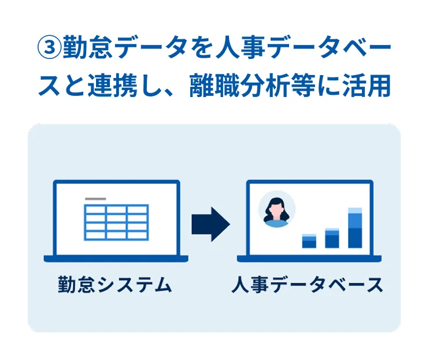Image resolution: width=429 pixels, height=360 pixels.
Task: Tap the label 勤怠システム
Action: [114, 285]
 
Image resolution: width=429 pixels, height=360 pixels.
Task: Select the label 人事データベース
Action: [308, 285]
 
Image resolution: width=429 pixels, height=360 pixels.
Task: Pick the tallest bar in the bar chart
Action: [354, 228]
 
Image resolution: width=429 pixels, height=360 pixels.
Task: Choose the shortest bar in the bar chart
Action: [309, 241]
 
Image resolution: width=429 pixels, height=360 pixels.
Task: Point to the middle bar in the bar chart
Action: [332, 238]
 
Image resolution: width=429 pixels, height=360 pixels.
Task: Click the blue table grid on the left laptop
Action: [116, 222]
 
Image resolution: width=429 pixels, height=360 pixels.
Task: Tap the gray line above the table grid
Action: [95, 199]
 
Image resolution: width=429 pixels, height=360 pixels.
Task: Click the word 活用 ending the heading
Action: [369, 87]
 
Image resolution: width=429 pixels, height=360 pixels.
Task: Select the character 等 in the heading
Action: [310, 87]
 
